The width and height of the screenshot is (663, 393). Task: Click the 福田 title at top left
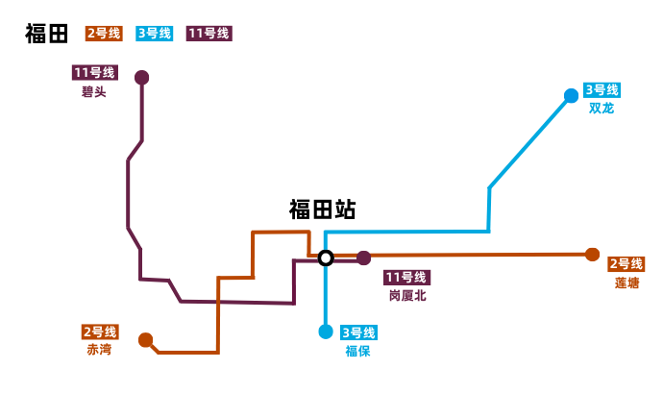coord(47,34)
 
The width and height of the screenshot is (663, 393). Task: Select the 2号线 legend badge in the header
coord(104,34)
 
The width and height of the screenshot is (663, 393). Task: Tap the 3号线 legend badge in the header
coord(155,34)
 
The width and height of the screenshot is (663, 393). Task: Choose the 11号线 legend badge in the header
coord(209,34)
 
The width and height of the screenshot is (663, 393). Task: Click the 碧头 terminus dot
coord(142,77)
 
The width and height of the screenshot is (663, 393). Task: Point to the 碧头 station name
coord(94,92)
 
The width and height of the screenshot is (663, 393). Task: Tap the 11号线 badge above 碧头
coord(94,73)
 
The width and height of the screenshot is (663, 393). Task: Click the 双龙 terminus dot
coord(572,95)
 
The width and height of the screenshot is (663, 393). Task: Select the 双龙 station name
coord(602,108)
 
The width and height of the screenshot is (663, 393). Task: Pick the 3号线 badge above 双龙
coord(602,90)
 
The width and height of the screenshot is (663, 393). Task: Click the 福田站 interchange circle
coord(326,258)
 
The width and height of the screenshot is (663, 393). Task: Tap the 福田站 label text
coord(322,210)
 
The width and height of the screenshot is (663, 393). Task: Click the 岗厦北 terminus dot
coord(364,258)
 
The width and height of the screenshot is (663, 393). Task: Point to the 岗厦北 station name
coord(407,296)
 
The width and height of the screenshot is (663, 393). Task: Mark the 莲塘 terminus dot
coord(592,255)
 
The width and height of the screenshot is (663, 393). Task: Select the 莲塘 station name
coord(626,282)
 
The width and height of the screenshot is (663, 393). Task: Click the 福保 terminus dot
coord(326,332)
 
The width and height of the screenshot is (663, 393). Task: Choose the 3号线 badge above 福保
coord(358,333)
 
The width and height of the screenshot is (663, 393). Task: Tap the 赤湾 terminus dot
coord(145,339)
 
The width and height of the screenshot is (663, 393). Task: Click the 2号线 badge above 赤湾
coord(100,332)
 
